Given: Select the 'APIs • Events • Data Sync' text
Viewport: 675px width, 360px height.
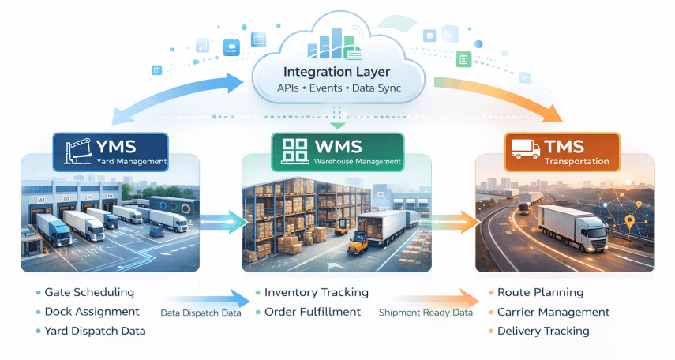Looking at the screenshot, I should click(338, 88).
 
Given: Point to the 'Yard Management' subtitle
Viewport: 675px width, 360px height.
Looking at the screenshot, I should click(131, 163).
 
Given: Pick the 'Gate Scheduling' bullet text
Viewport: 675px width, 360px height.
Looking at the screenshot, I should click(89, 293).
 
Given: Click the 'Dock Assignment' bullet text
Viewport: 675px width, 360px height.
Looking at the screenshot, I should click(92, 312).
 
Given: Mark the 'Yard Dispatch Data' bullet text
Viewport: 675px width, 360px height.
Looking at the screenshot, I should click(95, 331).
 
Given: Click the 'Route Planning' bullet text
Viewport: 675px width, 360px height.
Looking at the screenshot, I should click(540, 293).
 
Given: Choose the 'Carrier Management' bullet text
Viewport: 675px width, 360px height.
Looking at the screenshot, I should click(553, 312).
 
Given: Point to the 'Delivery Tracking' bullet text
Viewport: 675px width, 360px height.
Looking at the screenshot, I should click(543, 331).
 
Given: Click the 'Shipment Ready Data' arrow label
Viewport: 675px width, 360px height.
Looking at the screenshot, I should click(426, 313).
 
